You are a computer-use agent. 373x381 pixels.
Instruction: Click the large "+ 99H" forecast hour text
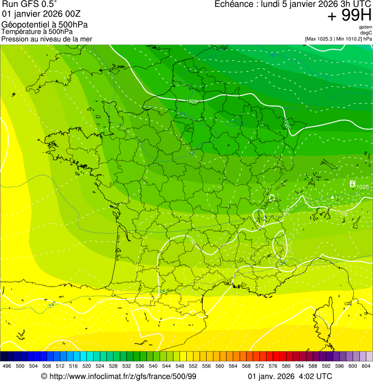tap(350, 16)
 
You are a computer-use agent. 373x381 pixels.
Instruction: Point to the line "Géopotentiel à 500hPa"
tap(45, 25)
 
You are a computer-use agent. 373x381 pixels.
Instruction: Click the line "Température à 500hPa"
tap(37, 32)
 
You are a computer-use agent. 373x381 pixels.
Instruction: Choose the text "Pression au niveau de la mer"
tap(47, 39)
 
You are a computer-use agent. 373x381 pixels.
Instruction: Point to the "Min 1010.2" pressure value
tap(350, 39)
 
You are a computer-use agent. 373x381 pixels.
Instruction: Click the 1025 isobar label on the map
tap(362, 187)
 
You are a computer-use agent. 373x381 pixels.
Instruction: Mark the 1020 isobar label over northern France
tap(192, 101)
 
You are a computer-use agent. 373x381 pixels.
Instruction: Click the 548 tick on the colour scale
tap(179, 366)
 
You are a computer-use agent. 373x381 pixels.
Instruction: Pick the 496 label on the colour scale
tap(7, 366)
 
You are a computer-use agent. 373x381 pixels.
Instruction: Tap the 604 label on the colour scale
tap(366, 366)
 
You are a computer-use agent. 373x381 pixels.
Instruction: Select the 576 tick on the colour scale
tap(273, 366)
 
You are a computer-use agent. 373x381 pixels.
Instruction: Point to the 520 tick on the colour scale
tap(86, 366)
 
